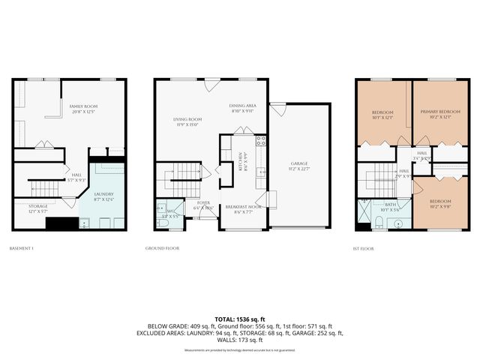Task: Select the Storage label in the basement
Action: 37,208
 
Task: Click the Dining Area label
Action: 243,108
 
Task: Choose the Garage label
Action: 299,166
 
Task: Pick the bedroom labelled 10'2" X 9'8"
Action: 440,204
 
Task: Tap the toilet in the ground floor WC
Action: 163,223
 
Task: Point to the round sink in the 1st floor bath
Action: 398,223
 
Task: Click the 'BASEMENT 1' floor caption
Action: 22,247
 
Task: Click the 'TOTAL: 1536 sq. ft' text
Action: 240,319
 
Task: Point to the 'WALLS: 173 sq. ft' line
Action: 240,341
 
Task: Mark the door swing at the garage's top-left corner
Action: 278,110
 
